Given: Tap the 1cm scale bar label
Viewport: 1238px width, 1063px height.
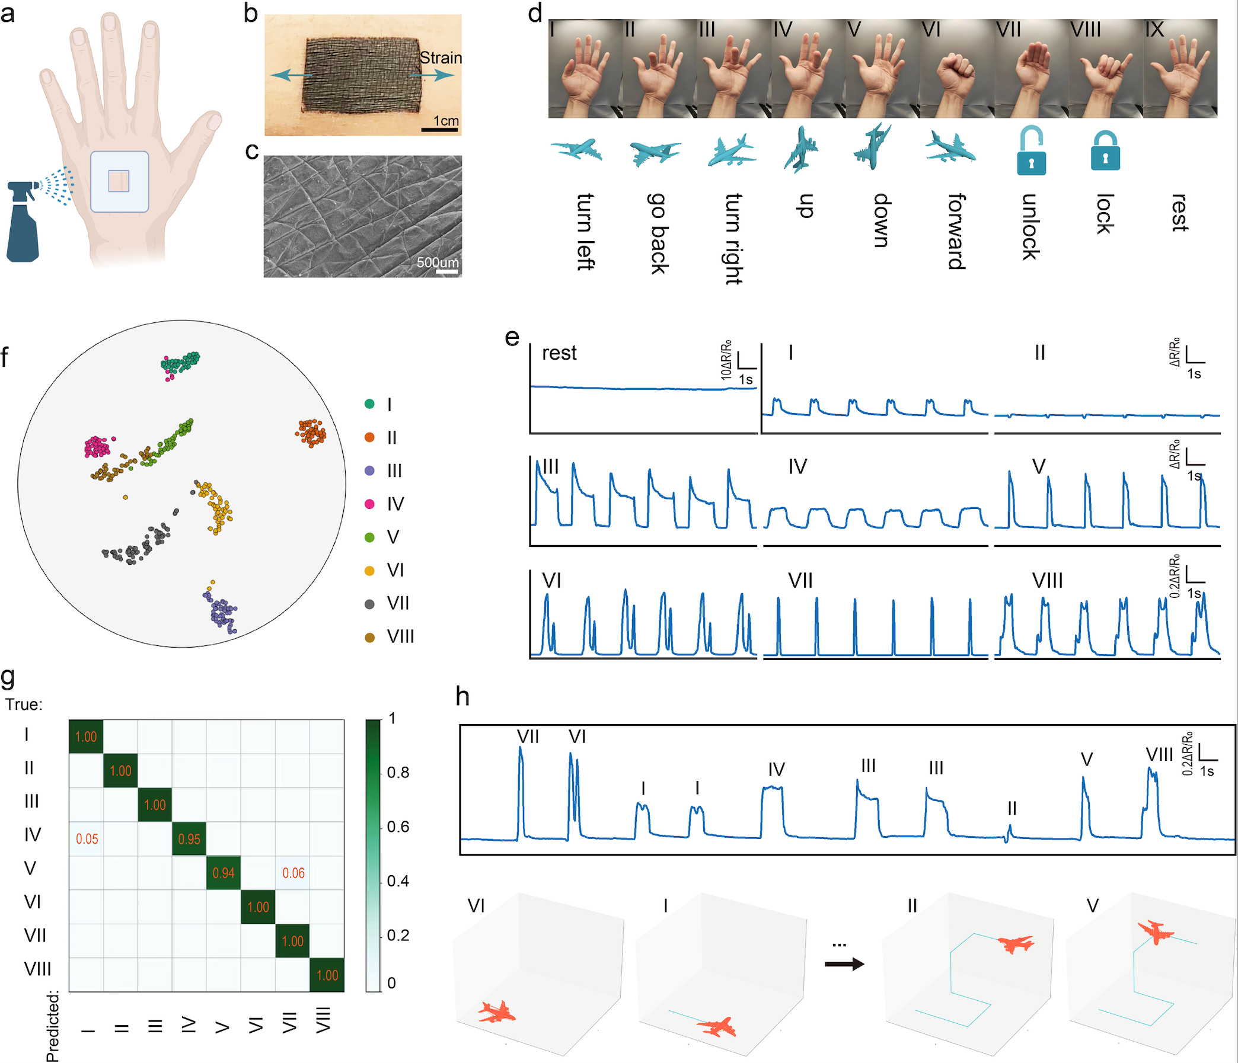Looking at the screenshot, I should coord(446,121).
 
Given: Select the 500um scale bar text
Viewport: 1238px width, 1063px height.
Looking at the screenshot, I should coord(438,262).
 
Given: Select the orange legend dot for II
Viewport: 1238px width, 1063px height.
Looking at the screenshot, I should coord(369,437).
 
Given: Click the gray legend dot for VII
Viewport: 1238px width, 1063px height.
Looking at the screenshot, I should coord(369,604).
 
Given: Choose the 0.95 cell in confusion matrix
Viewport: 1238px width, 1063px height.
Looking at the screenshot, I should coord(189,839).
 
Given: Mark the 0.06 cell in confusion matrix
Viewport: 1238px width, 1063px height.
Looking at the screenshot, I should coord(293,873).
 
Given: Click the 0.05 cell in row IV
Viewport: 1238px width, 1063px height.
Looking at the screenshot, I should coord(87,839).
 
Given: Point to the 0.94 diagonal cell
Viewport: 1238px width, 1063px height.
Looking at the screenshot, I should coord(224,873).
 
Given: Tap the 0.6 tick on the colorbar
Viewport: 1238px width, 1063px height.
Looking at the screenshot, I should coord(398,827).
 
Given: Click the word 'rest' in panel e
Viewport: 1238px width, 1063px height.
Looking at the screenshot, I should coord(559,353).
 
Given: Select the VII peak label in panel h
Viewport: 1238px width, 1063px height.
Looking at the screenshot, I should coord(528,737).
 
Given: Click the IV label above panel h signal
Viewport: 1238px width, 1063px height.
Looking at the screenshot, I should coord(776,770).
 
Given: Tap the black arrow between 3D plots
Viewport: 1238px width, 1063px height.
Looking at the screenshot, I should coord(844,964).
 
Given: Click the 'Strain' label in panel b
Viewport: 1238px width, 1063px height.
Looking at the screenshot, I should coord(441,58).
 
